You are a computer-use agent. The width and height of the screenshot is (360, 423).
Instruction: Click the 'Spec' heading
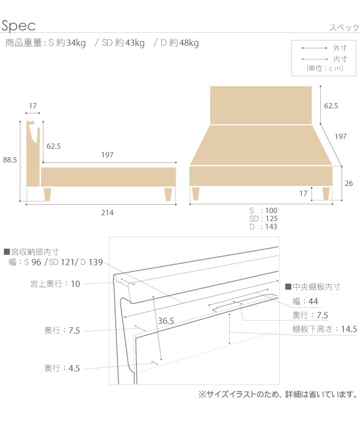coord(18,26)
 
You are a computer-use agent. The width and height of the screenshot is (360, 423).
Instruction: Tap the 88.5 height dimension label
coord(10,160)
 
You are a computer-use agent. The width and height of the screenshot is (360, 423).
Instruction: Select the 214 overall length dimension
coord(107,213)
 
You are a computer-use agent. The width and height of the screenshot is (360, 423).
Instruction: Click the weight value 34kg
coord(76,43)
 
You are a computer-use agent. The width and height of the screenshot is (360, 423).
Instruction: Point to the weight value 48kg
coord(189,43)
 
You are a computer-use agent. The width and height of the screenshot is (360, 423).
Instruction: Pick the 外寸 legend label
coord(339,48)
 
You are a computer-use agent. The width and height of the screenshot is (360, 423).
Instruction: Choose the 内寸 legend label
coord(339,59)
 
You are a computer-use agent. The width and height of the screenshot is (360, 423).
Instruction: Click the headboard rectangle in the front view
coord(261,105)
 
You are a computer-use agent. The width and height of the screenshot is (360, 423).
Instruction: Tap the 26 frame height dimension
coord(348,184)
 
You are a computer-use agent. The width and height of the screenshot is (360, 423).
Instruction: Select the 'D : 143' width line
coord(263,227)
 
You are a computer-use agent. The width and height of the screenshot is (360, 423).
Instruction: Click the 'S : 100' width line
coord(263,211)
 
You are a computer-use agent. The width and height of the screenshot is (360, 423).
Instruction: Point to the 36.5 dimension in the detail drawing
coord(166,321)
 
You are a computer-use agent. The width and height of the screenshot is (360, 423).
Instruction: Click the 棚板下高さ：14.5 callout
coord(325,329)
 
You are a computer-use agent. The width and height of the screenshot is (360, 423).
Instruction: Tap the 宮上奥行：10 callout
coord(55,284)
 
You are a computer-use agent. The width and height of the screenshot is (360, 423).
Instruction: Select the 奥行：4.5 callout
coord(62,368)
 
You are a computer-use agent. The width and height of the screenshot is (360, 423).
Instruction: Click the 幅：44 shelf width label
coord(305,301)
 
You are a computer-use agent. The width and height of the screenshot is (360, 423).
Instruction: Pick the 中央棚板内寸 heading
coord(313,287)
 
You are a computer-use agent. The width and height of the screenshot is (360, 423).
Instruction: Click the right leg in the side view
coord(168,195)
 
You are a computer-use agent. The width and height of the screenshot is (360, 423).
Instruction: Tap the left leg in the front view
coord(195,193)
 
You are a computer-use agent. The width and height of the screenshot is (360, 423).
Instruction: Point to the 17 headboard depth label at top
coord(33,106)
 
